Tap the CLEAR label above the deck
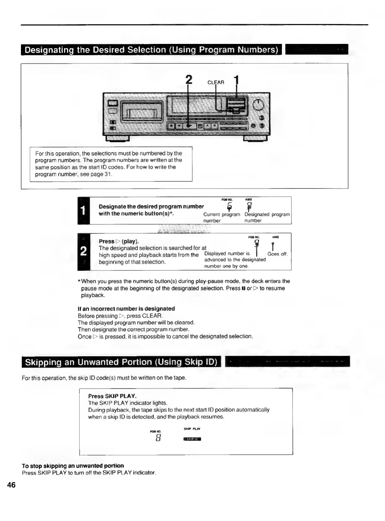(217, 83)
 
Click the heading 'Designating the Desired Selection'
(151, 50)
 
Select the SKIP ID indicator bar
(192, 439)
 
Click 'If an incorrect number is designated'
(126, 308)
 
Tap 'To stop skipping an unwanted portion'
(73, 465)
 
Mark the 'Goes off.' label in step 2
(277, 254)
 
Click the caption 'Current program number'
(222, 217)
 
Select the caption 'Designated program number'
(267, 217)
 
